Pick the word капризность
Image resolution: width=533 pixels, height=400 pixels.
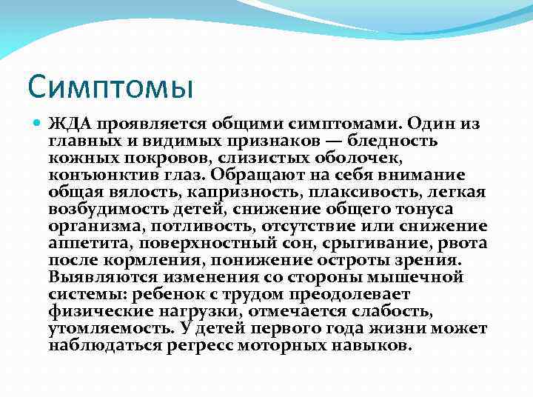[x=204, y=192]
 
